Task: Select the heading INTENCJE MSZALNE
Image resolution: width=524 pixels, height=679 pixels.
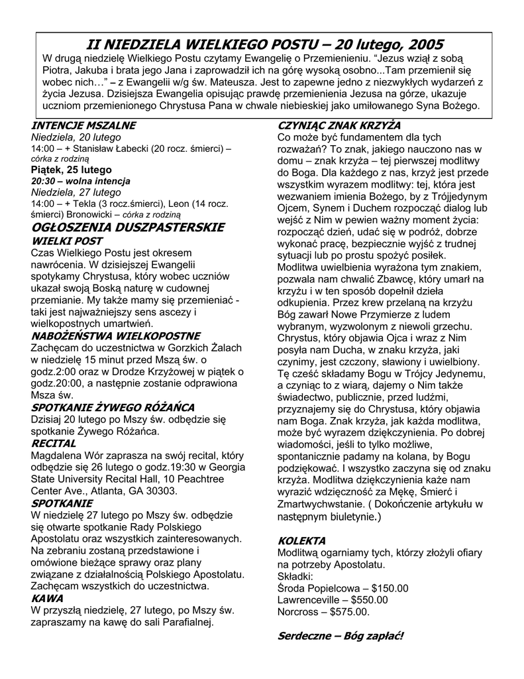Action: click(x=83, y=125)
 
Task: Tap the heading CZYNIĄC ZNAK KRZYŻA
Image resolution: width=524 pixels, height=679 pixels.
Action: click(x=339, y=125)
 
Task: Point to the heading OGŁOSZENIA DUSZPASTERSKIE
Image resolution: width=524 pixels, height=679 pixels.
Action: click(x=128, y=227)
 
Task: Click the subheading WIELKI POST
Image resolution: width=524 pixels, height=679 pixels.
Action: click(x=67, y=241)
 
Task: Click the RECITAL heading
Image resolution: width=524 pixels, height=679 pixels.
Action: click(x=53, y=443)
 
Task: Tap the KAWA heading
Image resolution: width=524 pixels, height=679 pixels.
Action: click(x=47, y=598)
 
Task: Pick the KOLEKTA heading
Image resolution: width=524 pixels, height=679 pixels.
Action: click(x=301, y=540)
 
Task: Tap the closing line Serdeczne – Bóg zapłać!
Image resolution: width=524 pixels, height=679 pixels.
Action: click(x=340, y=636)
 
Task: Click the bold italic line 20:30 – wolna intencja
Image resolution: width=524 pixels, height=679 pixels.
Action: click(x=81, y=181)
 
